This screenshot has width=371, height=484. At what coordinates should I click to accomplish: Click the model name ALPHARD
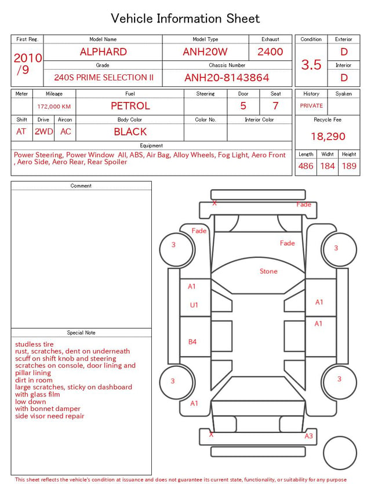103,52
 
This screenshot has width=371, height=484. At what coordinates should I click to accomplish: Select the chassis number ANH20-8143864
227,78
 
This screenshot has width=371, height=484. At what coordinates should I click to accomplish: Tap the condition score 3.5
311,65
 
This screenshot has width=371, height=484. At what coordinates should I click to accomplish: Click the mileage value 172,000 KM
54,107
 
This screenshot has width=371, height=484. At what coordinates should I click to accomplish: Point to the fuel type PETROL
130,106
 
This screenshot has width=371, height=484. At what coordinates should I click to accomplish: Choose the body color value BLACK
130,132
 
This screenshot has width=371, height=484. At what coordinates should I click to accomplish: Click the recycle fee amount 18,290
328,136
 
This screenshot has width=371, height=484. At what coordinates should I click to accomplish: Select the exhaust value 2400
270,52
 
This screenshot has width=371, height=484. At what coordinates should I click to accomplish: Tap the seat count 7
275,106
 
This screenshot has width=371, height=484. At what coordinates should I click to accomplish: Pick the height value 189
349,166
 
